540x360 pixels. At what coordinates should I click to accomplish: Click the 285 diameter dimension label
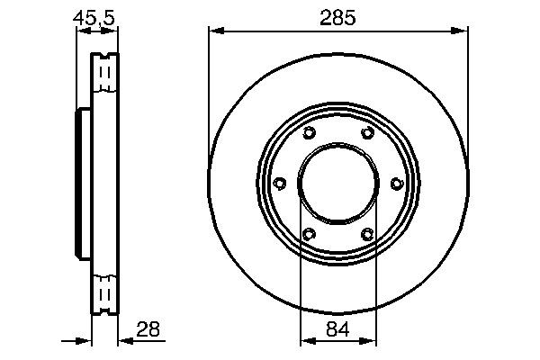[x=339, y=15]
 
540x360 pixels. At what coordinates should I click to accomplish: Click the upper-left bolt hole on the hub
[x=309, y=134]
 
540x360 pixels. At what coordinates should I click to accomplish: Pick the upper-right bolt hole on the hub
[x=367, y=134]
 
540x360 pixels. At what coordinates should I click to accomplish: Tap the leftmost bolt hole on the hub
[x=279, y=184]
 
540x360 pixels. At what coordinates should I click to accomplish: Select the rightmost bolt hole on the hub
[x=397, y=184]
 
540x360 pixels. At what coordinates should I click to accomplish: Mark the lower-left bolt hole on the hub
[x=309, y=235]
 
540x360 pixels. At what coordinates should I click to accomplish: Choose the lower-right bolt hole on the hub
[x=367, y=235]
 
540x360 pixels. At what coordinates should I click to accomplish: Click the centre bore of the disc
[x=338, y=184]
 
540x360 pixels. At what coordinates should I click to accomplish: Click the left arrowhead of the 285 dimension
[x=215, y=31]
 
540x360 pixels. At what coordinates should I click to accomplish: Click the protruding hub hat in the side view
[x=83, y=184]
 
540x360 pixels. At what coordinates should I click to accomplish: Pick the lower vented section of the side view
[x=104, y=292]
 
